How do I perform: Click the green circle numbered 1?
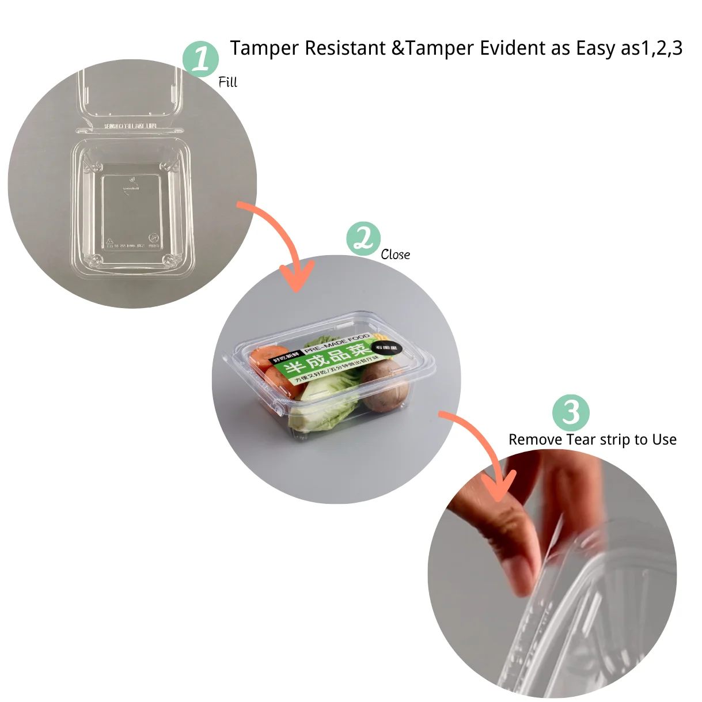tap(200, 59)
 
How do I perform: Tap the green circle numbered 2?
tap(363, 238)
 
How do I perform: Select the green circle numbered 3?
tap(571, 412)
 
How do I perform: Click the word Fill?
tap(227, 82)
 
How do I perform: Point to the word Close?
tap(395, 255)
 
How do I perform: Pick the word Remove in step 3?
tap(535, 440)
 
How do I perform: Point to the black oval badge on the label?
tap(386, 348)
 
